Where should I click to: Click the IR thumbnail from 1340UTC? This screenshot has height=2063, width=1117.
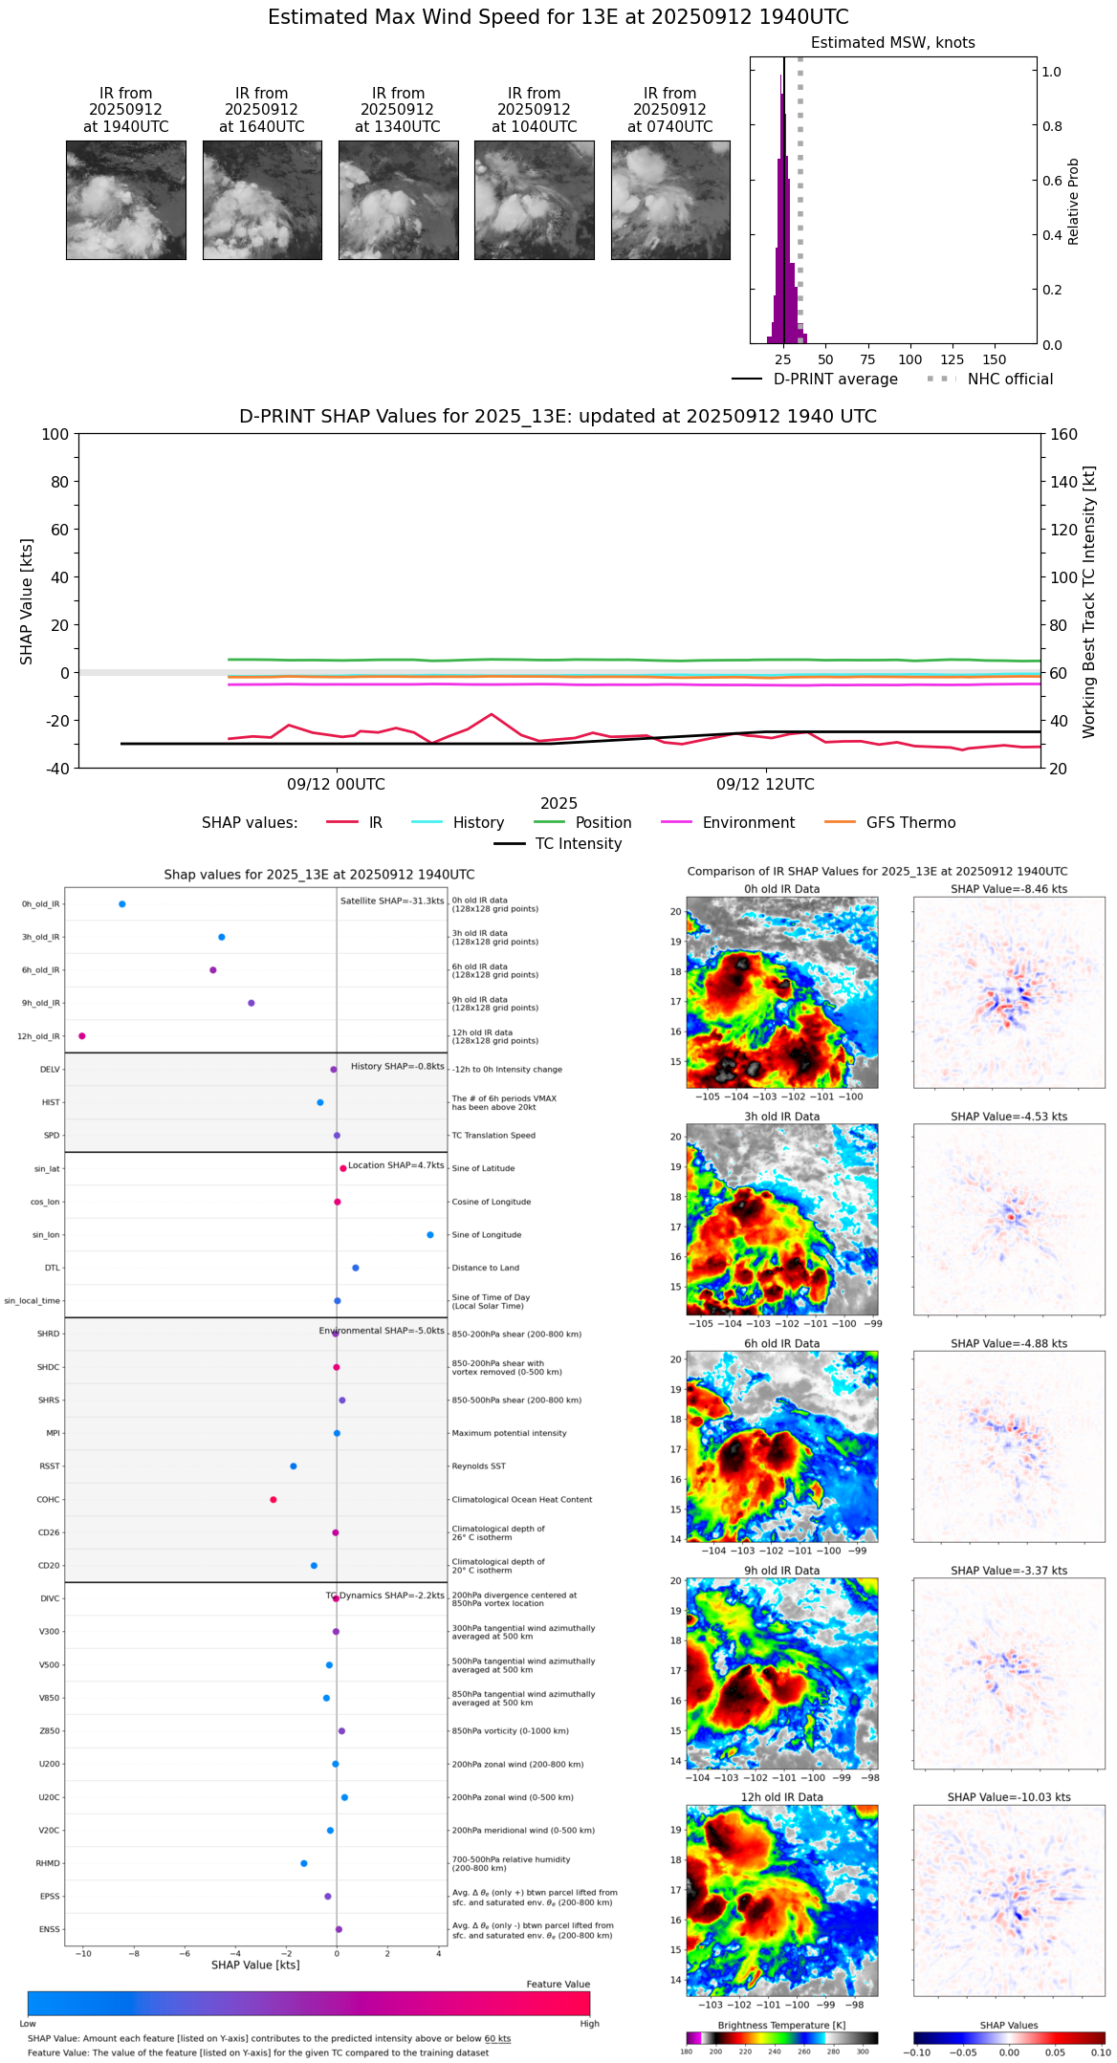click(x=398, y=200)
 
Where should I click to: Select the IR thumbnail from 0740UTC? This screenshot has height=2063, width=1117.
click(x=670, y=200)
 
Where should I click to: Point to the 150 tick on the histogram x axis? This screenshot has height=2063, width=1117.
click(x=995, y=359)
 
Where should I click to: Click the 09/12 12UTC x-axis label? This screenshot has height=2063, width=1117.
click(x=765, y=785)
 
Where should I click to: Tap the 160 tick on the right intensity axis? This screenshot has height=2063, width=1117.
click(x=1063, y=434)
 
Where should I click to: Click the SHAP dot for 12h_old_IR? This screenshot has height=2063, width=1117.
click(x=82, y=1036)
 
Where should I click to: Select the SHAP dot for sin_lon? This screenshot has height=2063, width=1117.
click(x=430, y=1235)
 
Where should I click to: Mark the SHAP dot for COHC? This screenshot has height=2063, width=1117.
click(x=274, y=1500)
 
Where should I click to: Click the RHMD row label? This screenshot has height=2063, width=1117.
click(x=49, y=1863)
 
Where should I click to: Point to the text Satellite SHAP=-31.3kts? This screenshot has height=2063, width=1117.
click(x=392, y=901)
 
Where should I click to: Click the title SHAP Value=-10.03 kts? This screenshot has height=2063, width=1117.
click(x=1009, y=1797)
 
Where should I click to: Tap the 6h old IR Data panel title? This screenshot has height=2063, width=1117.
click(x=781, y=1343)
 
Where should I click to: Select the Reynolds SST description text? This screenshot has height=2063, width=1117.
click(x=479, y=1466)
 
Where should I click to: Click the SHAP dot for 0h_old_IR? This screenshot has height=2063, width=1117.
click(x=121, y=904)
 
